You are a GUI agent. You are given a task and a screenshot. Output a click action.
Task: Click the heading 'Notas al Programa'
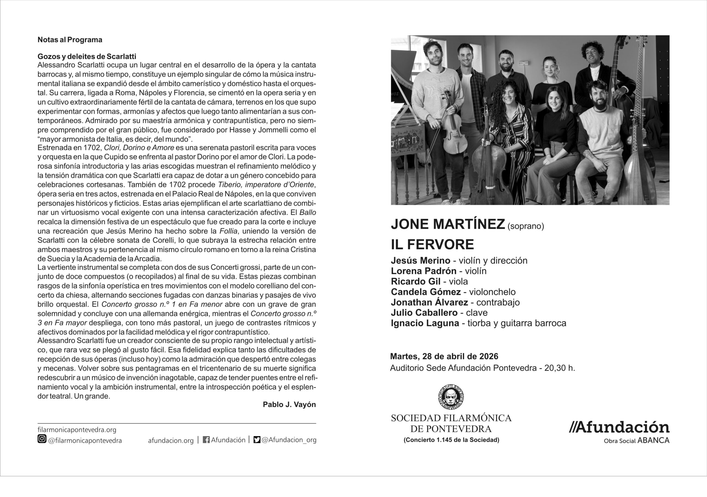(x=70, y=40)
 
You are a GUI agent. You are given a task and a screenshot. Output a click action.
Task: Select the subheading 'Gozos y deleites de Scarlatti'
(x=86, y=56)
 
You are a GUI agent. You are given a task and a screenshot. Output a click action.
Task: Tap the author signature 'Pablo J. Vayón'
(x=289, y=405)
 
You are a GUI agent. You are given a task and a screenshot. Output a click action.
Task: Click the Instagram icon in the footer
(x=42, y=439)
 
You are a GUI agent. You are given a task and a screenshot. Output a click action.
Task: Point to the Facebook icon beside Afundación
(x=206, y=440)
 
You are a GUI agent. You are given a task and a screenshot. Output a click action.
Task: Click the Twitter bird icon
(x=257, y=440)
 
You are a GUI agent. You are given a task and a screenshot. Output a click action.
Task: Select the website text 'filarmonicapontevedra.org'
(x=77, y=430)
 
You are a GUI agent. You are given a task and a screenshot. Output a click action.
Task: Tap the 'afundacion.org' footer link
(x=171, y=440)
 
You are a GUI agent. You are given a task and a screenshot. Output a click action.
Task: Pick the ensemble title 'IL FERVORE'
(x=432, y=244)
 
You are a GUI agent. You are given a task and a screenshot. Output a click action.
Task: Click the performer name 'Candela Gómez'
(x=426, y=292)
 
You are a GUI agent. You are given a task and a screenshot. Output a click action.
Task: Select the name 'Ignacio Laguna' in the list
(x=425, y=323)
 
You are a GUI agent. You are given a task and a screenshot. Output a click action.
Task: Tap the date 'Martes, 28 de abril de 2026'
(x=444, y=357)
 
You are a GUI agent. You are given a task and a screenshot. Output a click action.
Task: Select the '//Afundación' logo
(x=619, y=428)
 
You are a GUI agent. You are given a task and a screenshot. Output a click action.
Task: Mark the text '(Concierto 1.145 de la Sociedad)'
(x=451, y=440)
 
